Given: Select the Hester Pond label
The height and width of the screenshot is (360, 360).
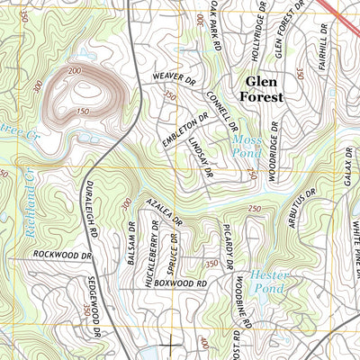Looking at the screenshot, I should pyautogui.click(x=266, y=281).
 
